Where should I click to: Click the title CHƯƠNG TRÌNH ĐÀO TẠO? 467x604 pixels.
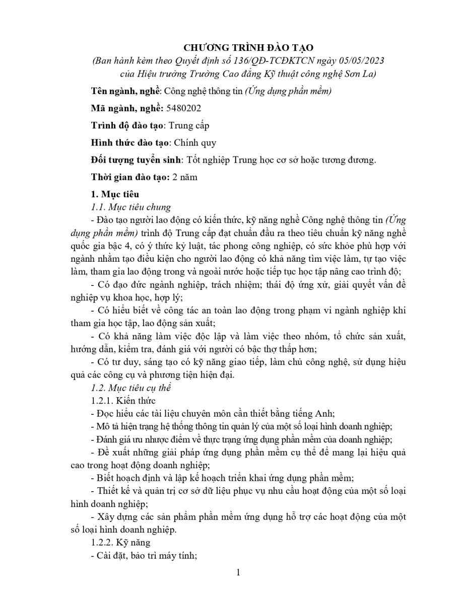[248, 48]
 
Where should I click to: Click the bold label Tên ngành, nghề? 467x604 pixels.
[124, 91]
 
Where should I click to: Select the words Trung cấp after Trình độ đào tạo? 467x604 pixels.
[188, 125]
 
